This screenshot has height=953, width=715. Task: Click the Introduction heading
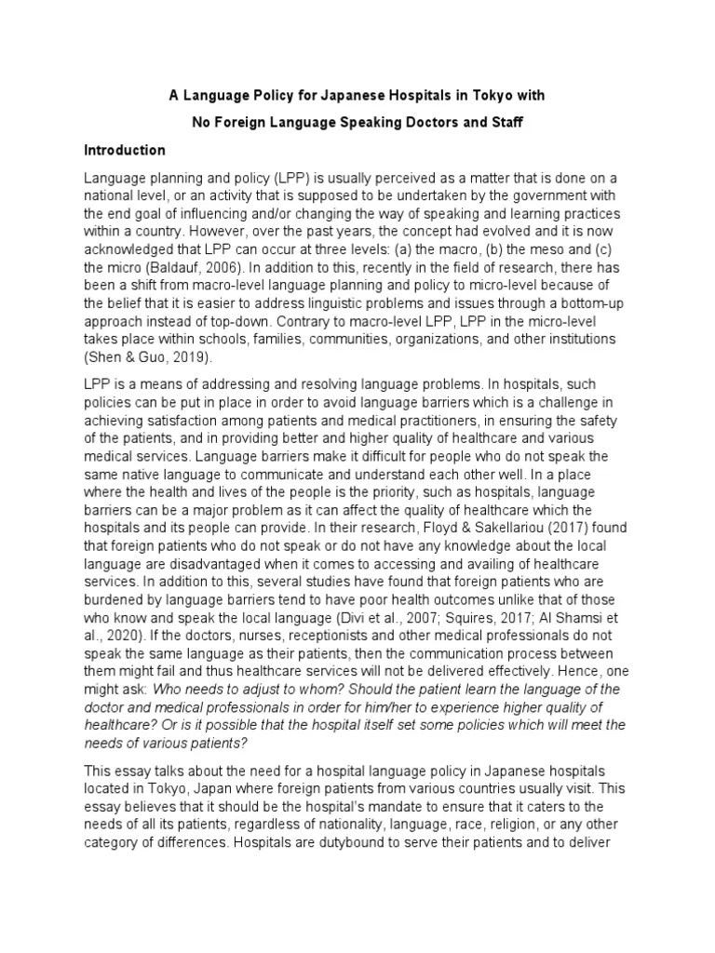125,150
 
